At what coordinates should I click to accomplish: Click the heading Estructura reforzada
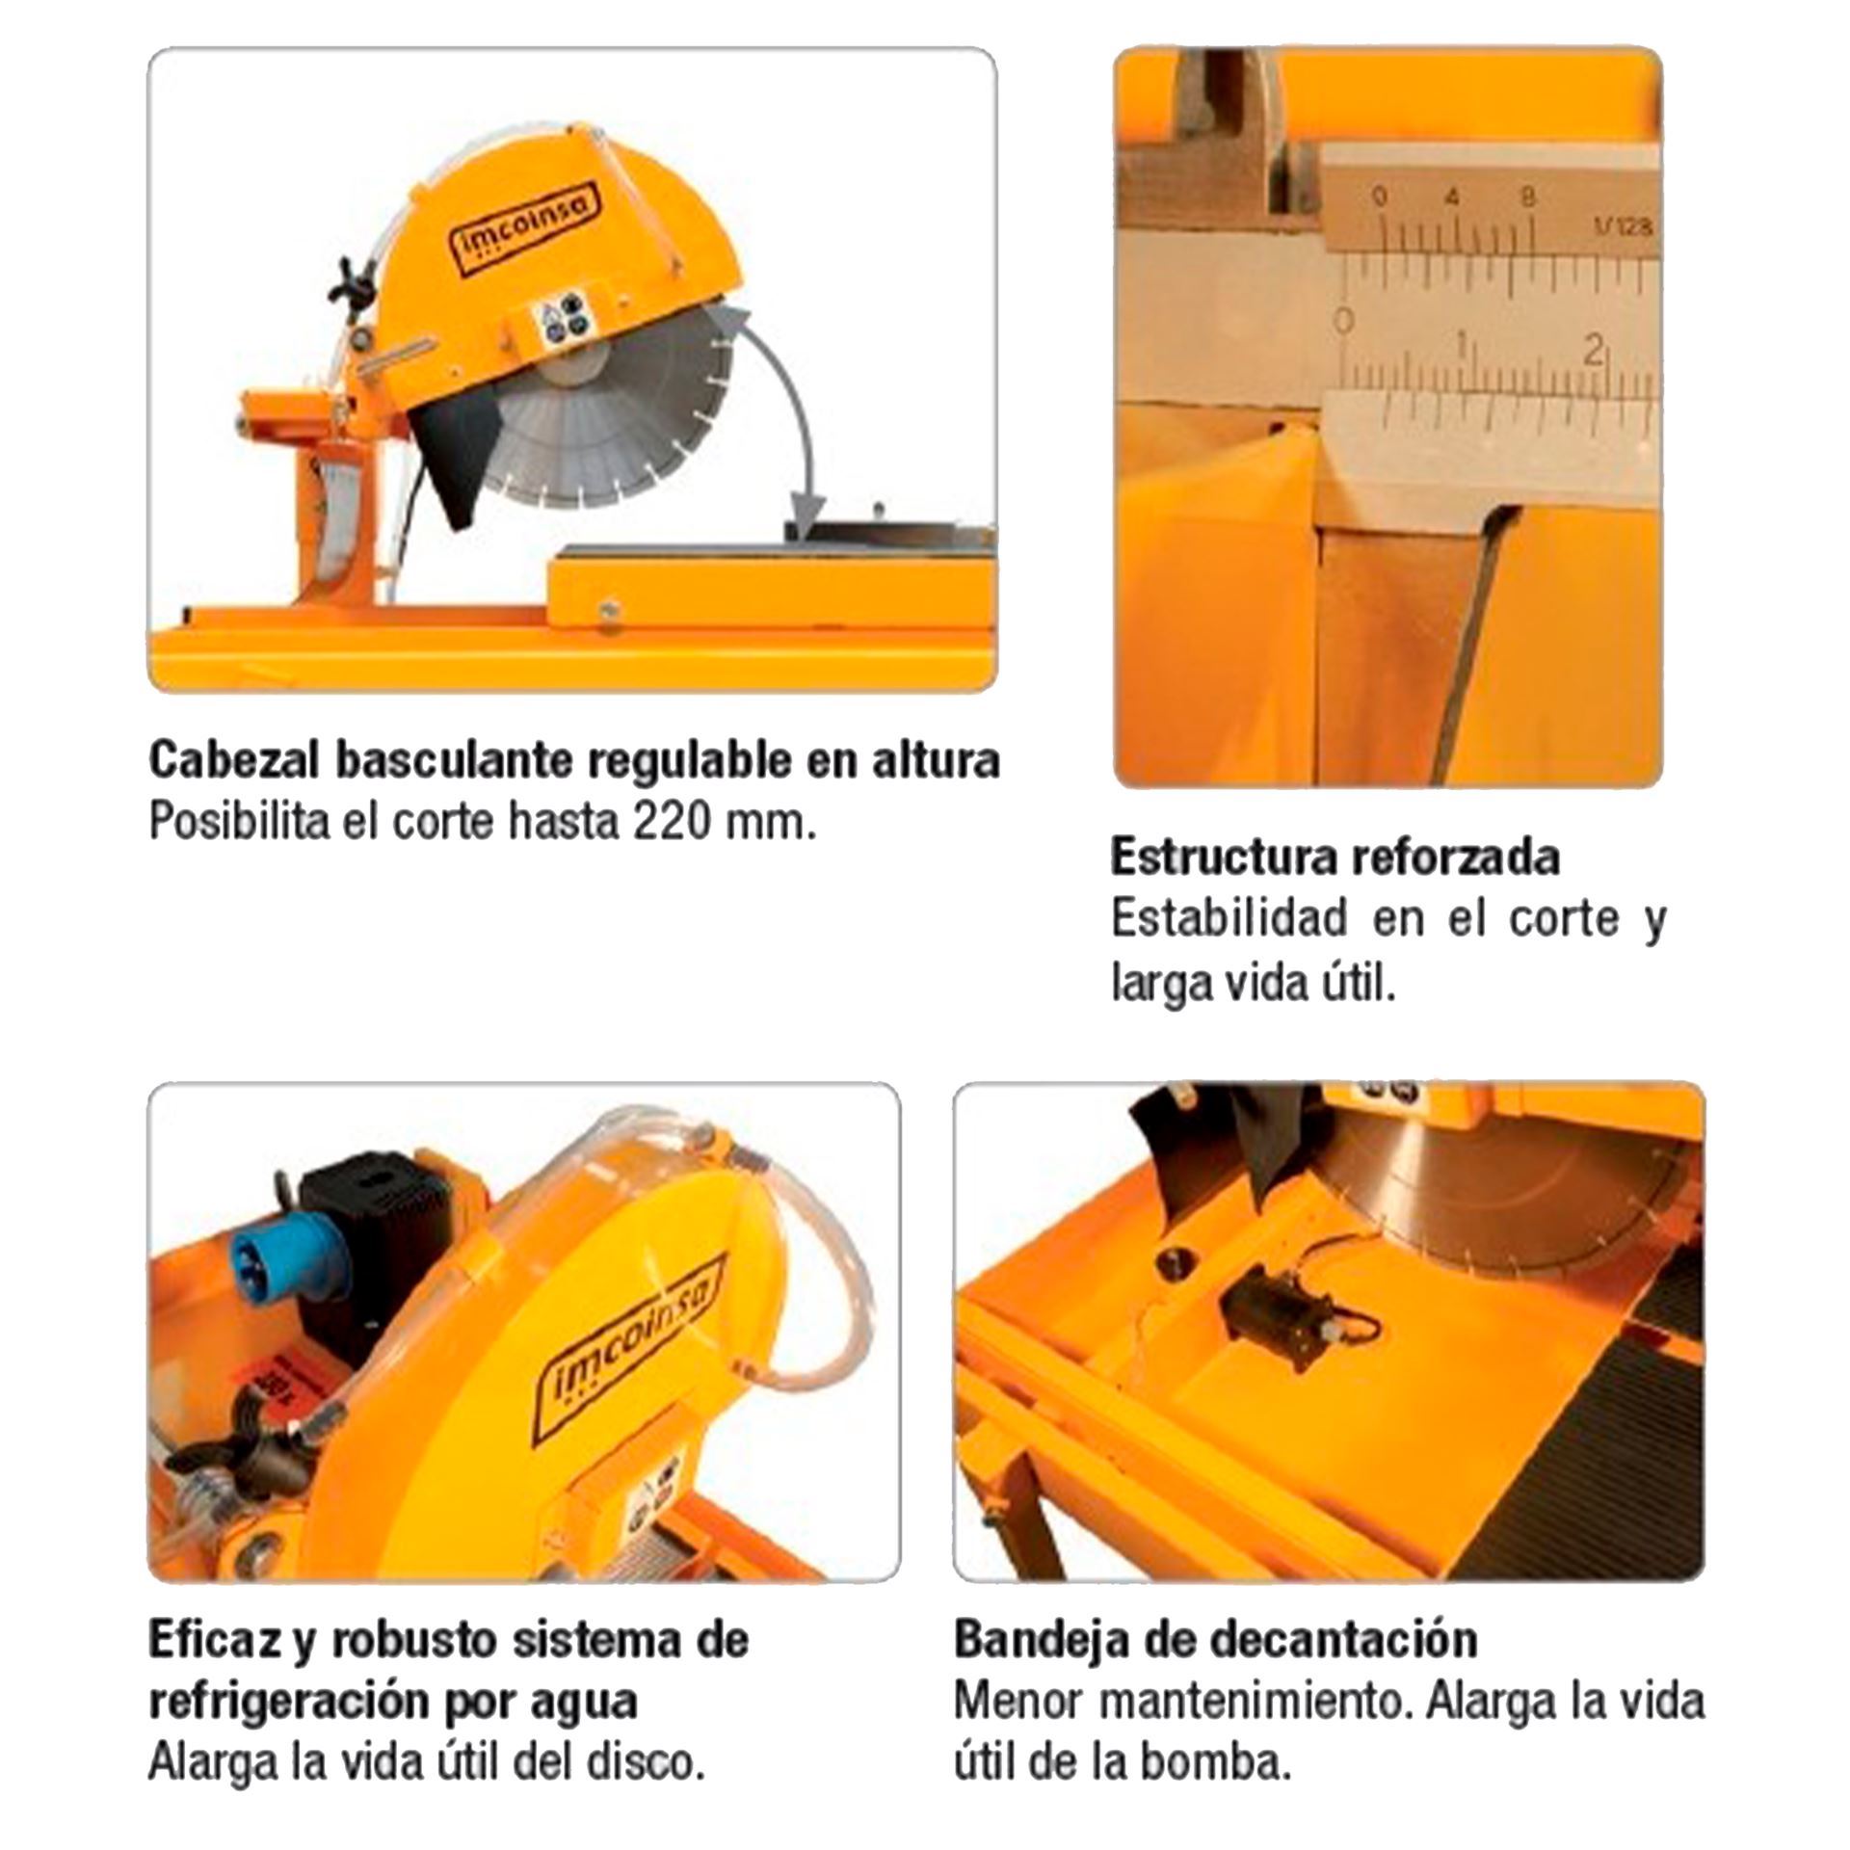pyautogui.click(x=1335, y=857)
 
